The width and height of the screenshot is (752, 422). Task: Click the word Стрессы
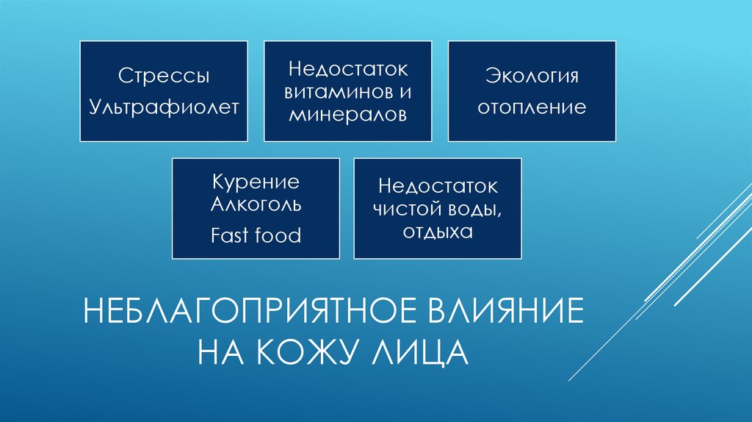click(x=164, y=76)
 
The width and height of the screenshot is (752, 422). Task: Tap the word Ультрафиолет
click(x=164, y=108)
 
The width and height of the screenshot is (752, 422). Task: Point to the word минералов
click(x=347, y=115)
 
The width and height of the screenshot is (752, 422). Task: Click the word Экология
click(x=532, y=76)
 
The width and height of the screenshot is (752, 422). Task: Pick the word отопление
click(x=532, y=108)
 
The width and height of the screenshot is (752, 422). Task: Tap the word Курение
click(x=256, y=182)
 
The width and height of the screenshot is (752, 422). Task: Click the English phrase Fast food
click(x=256, y=235)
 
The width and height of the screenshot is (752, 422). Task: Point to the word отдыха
click(x=438, y=232)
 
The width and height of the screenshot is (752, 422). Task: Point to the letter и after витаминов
click(x=405, y=93)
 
